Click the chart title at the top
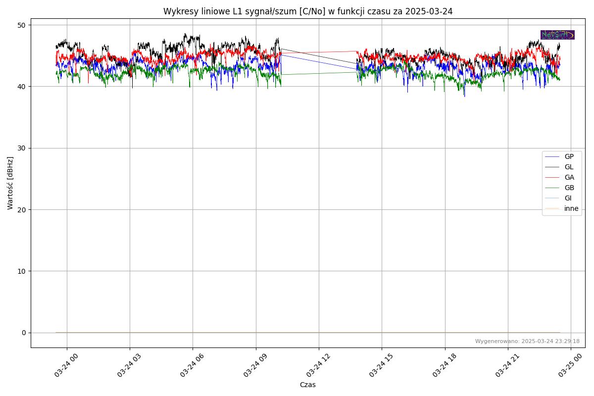point(308,11)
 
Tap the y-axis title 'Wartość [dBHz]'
point(10,183)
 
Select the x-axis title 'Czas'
point(307,385)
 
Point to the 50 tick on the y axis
point(23,25)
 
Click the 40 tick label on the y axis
point(23,87)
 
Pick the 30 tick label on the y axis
point(23,148)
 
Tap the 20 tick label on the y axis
point(23,209)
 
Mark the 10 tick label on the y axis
point(23,271)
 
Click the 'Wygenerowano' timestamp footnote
point(527,341)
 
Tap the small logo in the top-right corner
point(557,35)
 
